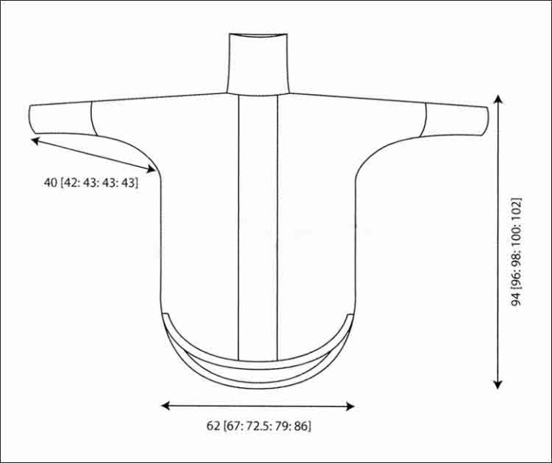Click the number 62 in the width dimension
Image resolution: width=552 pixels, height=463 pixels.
[x=213, y=426]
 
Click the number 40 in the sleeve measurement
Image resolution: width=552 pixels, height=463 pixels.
[x=51, y=183]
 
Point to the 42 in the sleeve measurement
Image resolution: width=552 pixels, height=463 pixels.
[x=71, y=183]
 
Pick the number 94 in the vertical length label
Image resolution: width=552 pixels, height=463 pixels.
[x=516, y=298]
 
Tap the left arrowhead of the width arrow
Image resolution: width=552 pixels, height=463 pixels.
[x=166, y=406]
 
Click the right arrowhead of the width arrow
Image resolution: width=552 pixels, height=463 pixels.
[x=350, y=406]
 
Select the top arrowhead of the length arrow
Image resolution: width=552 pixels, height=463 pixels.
[x=498, y=99]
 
